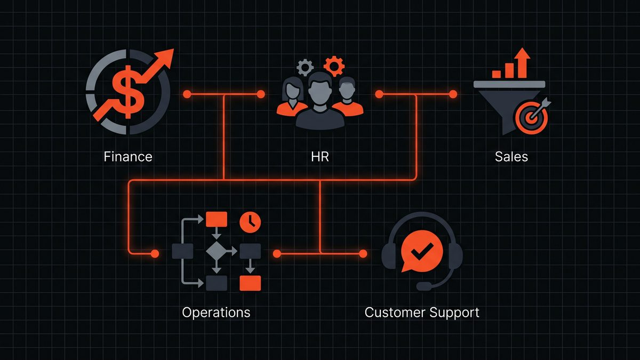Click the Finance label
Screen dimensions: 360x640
[x=128, y=157]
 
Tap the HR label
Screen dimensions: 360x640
[x=319, y=157]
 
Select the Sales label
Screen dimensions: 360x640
[x=511, y=157]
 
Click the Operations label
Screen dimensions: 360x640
[x=216, y=312]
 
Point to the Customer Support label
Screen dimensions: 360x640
[x=421, y=312]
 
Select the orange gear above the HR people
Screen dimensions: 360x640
[x=334, y=66]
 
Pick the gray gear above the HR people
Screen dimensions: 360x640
[x=305, y=68]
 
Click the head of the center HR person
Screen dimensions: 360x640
[x=319, y=88]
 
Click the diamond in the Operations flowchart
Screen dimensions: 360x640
[x=216, y=251]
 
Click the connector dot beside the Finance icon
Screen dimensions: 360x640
[x=187, y=94]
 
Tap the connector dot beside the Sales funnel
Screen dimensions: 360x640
[x=453, y=94]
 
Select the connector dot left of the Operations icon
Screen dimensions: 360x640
[x=155, y=253]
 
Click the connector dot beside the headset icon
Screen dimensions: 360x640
[x=363, y=253]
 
